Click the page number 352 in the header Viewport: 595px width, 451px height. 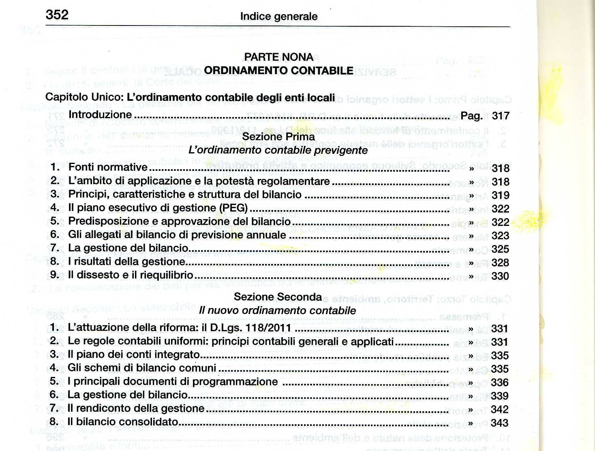[x=57, y=15]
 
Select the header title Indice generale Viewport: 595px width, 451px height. [x=279, y=17]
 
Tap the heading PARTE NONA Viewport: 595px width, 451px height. [x=278, y=57]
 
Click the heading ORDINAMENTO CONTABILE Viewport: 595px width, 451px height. [x=278, y=70]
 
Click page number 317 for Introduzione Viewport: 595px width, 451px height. [x=501, y=116]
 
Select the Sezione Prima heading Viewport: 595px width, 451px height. [x=278, y=137]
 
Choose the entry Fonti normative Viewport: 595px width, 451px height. [x=108, y=167]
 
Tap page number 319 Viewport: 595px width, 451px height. [x=501, y=196]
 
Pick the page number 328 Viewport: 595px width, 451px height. [x=500, y=263]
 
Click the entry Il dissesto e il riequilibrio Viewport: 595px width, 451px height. [x=131, y=275]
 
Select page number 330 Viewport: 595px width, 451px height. [x=500, y=276]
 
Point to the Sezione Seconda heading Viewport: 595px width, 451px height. [x=278, y=297]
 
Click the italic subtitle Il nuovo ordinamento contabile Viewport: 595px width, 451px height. [x=278, y=311]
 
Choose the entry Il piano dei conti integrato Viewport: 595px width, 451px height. [x=134, y=355]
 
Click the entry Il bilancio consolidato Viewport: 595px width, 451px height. [x=123, y=422]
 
